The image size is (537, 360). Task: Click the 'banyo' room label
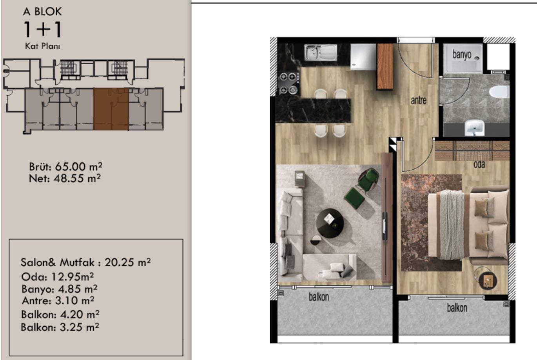click(x=462, y=55)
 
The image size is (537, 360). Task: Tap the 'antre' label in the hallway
click(x=419, y=100)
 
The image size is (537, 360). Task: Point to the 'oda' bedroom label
click(x=479, y=165)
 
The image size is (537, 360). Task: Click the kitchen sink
click(x=321, y=52)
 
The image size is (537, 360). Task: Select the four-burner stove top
click(x=288, y=83)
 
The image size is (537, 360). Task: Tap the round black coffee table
click(x=330, y=223)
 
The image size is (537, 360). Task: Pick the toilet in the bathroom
click(x=499, y=92)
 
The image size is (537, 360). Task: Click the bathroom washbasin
click(x=474, y=127)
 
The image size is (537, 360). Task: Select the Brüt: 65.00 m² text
click(x=65, y=167)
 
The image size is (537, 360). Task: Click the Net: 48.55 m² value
click(x=65, y=178)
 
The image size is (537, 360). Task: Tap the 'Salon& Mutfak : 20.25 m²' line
click(x=85, y=262)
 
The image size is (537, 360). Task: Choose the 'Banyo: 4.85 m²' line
click(x=60, y=289)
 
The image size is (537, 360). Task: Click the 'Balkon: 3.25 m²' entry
click(x=60, y=327)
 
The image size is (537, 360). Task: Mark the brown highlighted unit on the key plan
click(x=111, y=109)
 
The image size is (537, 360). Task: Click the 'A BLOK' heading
click(x=42, y=12)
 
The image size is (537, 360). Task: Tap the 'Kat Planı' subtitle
click(x=42, y=46)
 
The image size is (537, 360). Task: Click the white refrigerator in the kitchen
click(x=363, y=56)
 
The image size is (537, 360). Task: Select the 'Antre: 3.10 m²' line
click(x=58, y=301)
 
